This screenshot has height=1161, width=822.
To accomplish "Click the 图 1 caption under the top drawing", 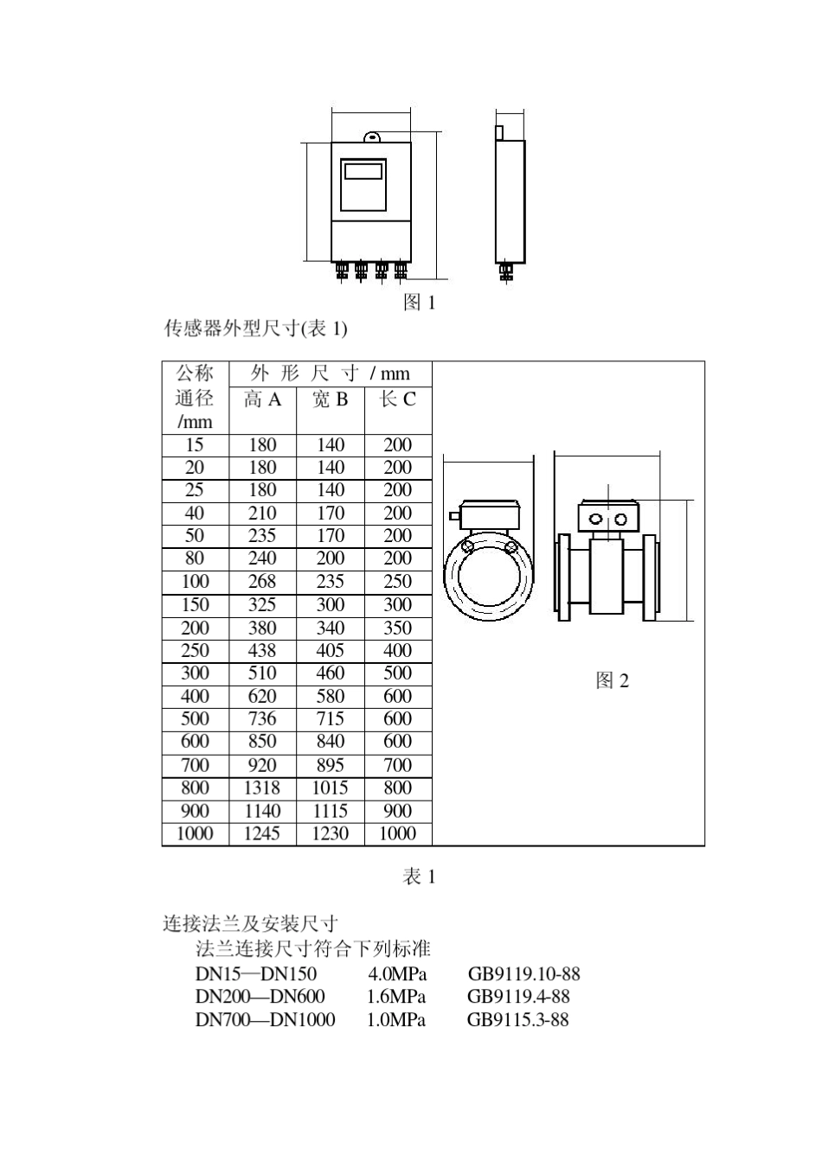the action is click(420, 302).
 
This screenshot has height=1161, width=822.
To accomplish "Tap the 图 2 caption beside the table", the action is click(612, 681).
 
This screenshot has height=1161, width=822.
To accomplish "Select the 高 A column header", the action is click(262, 399).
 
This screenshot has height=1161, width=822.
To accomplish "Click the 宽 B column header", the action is click(330, 399).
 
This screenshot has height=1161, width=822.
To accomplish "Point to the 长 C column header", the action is click(398, 399).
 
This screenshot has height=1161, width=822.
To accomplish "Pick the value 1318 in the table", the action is click(262, 788).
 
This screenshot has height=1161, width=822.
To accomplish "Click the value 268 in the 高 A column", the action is click(262, 582).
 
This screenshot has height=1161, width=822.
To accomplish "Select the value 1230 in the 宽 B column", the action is click(330, 833).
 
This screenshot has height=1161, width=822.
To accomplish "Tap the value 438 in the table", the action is click(262, 651).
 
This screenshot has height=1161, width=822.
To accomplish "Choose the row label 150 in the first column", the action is click(195, 605).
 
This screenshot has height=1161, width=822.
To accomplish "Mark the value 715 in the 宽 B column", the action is click(330, 719).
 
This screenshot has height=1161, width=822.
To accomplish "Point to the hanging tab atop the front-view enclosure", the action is click(372, 137).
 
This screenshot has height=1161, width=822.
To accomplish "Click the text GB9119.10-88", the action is click(523, 973).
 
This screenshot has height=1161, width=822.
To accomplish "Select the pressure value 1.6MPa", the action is click(396, 997).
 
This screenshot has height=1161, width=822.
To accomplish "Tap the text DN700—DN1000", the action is click(265, 1020).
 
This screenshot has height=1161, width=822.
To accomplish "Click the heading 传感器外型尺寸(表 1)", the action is click(255, 329).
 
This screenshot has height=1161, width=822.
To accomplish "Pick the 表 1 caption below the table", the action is click(420, 877).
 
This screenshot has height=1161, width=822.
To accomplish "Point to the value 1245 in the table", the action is click(262, 833).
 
